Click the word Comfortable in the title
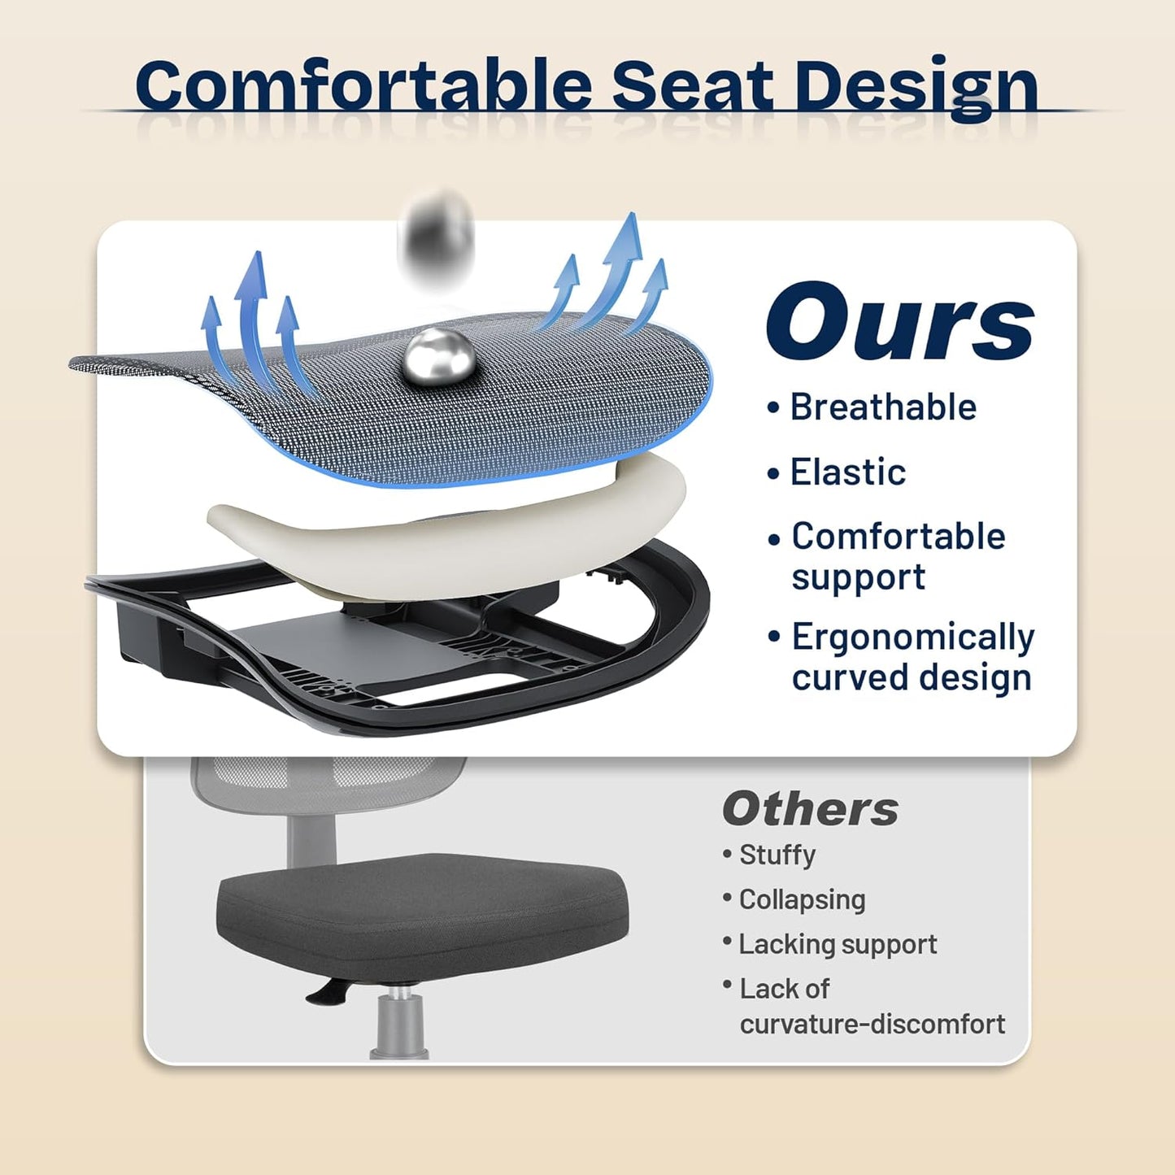[x=363, y=86]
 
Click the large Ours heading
[x=899, y=322]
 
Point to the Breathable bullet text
[x=883, y=407]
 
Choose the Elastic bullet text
[x=848, y=472]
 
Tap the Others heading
[x=810, y=809]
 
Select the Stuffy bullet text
[x=777, y=855]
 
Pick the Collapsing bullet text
[x=802, y=899]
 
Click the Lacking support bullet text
[x=838, y=944]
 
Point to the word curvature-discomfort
[x=872, y=1024]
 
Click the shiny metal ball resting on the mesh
[x=437, y=356]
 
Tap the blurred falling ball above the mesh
[x=437, y=236]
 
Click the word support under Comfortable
[x=858, y=577]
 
